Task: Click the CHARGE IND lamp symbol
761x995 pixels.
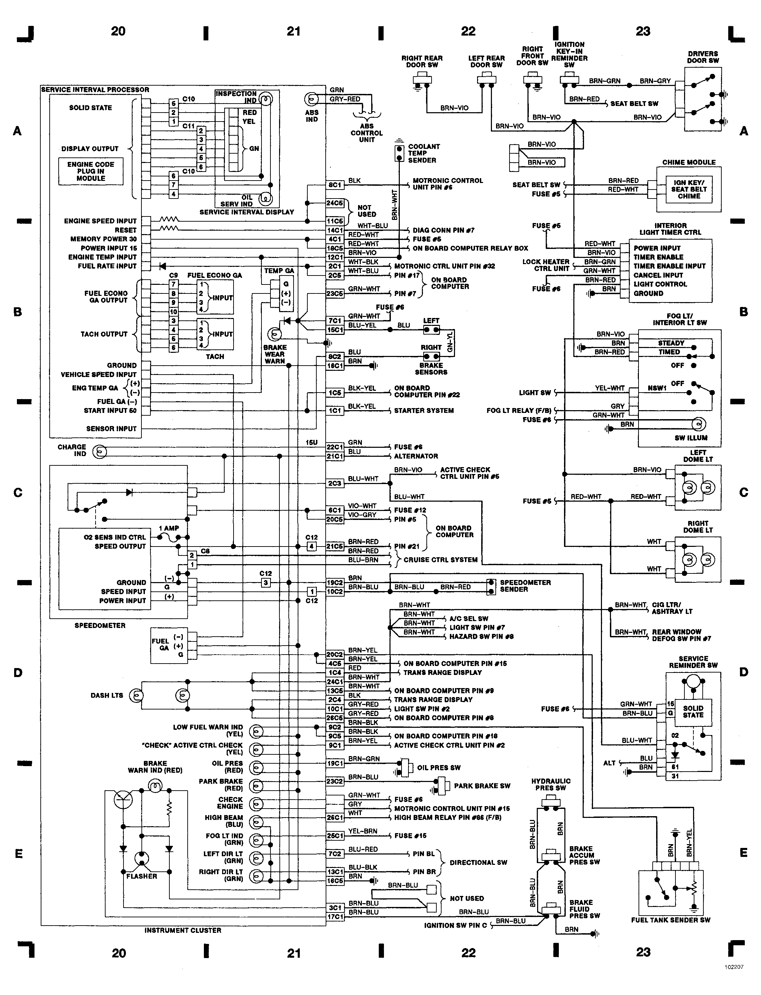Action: coord(100,452)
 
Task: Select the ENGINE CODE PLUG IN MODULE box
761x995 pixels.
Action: coord(91,171)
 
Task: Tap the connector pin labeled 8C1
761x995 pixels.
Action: coord(335,185)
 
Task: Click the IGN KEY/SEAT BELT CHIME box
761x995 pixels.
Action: coord(689,190)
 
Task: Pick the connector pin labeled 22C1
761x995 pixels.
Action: coord(335,447)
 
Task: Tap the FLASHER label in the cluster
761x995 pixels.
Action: coord(141,876)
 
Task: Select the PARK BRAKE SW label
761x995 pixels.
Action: coord(482,785)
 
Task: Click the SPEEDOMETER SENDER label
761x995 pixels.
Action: coord(525,586)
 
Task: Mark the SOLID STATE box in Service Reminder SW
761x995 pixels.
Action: coord(693,711)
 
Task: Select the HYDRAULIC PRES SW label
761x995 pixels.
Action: coord(551,784)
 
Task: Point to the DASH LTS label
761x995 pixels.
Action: coord(107,695)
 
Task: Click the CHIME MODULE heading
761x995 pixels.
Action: coord(689,162)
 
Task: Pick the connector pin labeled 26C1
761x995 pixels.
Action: coord(335,817)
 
